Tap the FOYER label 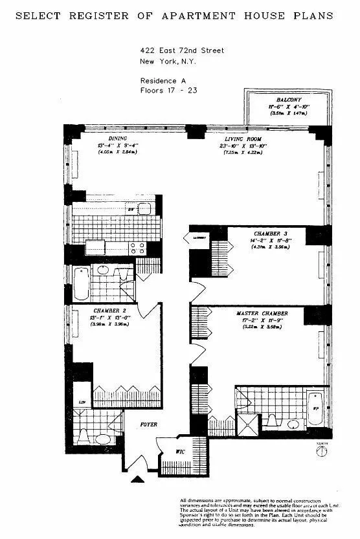[x=149, y=424]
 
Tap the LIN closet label [x=82, y=402]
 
